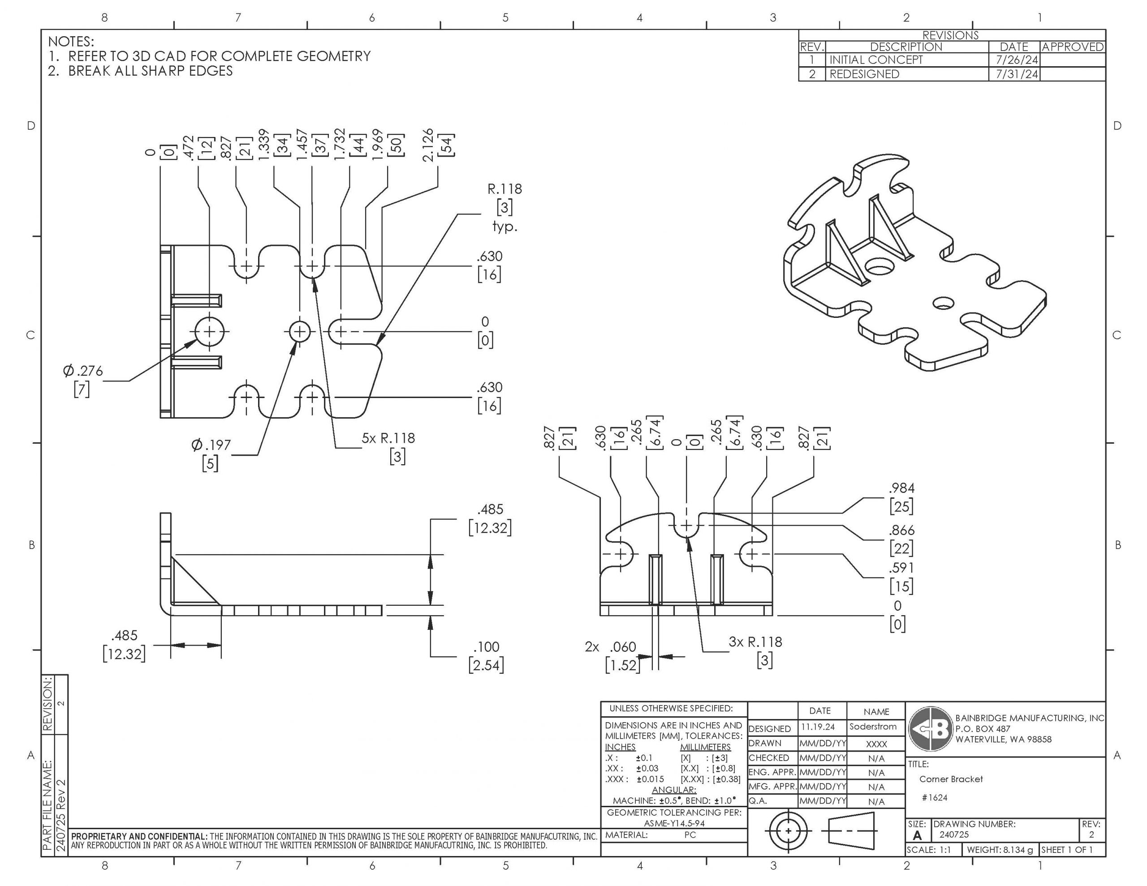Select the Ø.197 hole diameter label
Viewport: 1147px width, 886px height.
point(211,445)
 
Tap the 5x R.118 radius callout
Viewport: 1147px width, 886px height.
point(388,438)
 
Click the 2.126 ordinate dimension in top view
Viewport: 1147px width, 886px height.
point(428,145)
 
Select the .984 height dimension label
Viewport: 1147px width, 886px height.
point(901,488)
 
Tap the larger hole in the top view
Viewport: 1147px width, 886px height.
point(210,332)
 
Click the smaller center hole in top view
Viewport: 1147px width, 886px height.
point(300,332)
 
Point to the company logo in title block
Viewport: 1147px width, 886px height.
point(931,729)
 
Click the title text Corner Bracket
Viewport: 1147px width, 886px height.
point(951,779)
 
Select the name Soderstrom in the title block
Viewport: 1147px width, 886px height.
point(873,727)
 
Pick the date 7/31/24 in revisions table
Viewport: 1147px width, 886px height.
point(1017,74)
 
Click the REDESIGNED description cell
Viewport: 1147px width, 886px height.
point(864,74)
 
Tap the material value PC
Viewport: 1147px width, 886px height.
point(690,835)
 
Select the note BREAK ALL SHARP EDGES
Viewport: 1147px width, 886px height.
point(150,71)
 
